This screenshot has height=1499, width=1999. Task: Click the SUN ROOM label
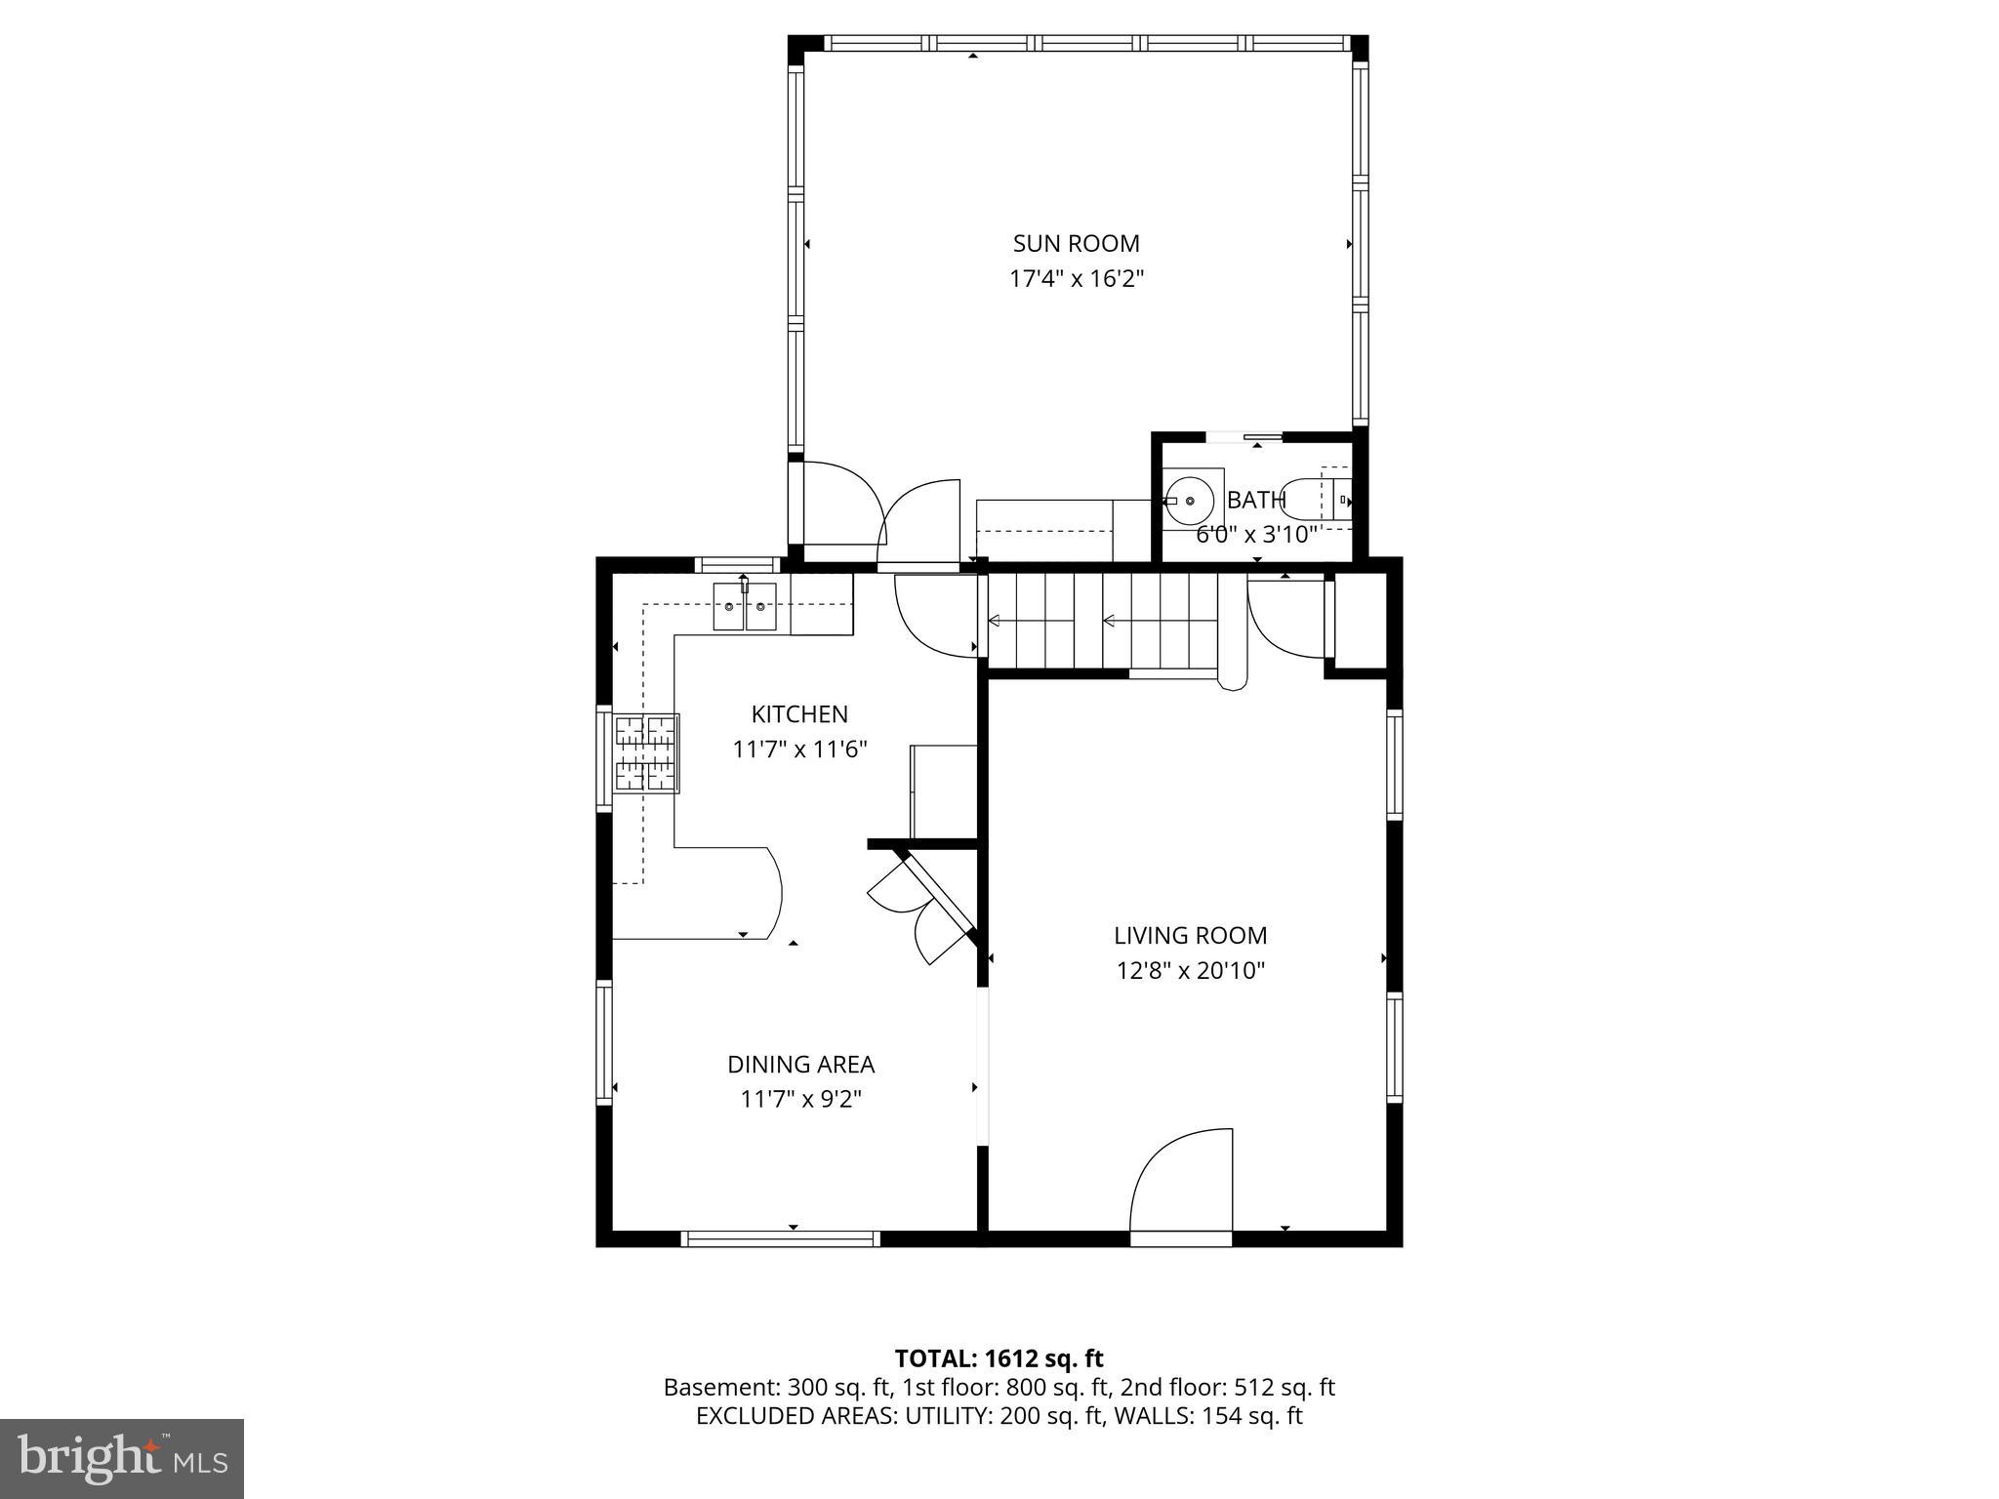click(x=1076, y=243)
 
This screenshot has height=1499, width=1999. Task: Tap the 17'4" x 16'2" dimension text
click(x=1076, y=279)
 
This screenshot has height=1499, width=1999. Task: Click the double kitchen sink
click(x=745, y=607)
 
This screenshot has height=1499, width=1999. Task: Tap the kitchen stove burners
click(x=646, y=752)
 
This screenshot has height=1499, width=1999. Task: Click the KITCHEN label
click(x=799, y=714)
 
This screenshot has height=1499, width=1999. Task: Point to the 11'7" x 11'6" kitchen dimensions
click(x=799, y=749)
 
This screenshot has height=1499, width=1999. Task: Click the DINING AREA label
click(x=800, y=1064)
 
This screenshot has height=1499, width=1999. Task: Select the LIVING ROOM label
click(x=1190, y=935)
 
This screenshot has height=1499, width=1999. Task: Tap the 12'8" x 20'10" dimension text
click(x=1190, y=971)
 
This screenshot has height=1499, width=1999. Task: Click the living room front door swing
click(x=1182, y=1183)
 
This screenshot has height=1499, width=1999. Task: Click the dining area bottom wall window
click(x=780, y=1238)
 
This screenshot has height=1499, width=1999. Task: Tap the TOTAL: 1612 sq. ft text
click(x=999, y=1358)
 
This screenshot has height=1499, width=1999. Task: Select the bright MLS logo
click(x=121, y=1458)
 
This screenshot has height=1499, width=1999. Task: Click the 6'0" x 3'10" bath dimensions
click(x=1256, y=535)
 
